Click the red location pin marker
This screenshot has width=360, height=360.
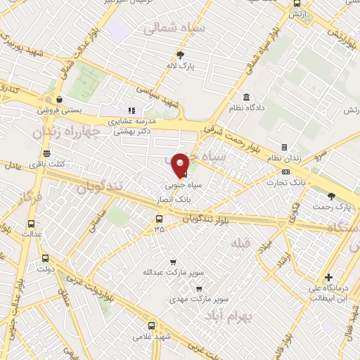180,163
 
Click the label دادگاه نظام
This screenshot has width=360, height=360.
247,108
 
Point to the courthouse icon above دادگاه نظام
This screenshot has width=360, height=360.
247,97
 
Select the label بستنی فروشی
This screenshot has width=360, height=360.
59,110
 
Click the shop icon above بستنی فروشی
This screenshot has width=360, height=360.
59,99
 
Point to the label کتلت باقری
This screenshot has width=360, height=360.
46,164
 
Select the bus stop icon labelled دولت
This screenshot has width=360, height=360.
45,257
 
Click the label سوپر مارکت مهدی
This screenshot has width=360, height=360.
199,299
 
